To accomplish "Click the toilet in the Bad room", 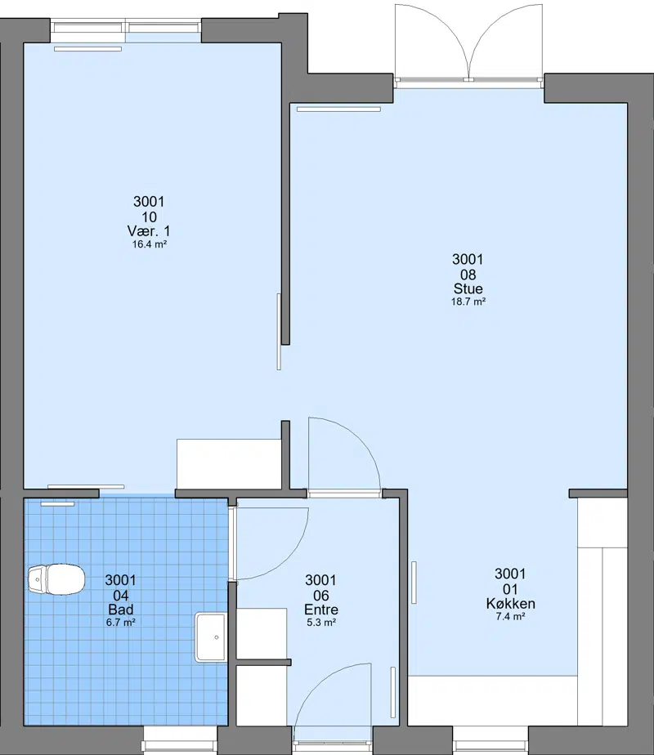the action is point(56,579).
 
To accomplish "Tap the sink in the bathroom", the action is point(210,637).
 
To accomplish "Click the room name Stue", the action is point(468,288).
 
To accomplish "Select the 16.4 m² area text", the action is point(150,244).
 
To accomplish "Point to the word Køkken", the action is point(510,603).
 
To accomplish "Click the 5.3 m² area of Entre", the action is point(321,622).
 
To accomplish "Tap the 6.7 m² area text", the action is point(120,622).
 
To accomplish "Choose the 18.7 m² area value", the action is point(468,302).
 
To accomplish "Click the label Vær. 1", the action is point(149,230).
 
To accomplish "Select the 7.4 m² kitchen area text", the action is point(510,616).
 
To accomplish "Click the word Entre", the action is point(321,610).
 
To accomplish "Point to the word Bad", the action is point(121,610).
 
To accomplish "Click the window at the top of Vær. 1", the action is point(126,31).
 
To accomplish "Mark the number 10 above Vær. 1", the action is point(150,217).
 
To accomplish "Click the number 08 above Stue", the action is point(468,275).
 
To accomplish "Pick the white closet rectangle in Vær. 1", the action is point(229,463).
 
